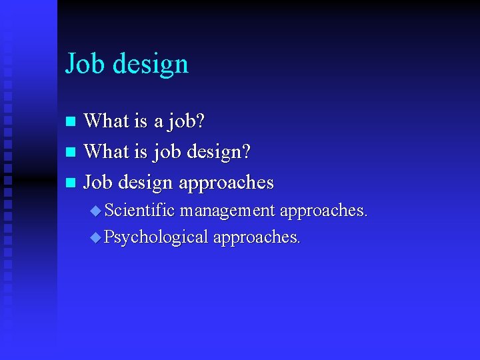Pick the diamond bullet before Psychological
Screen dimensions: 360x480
[96, 237]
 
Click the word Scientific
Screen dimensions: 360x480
[140, 211]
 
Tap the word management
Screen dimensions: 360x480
[227, 211]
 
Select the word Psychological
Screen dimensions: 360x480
[156, 237]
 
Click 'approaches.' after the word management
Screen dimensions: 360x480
[323, 211]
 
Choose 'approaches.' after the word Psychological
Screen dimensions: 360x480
[257, 237]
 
